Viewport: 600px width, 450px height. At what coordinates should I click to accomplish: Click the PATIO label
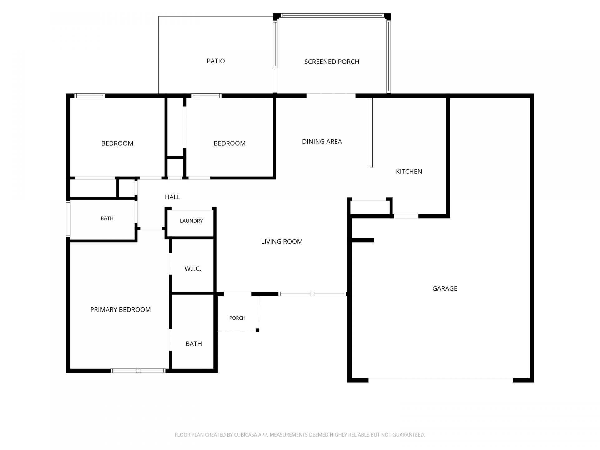216,61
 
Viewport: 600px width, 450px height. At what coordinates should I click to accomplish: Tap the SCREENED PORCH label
332,62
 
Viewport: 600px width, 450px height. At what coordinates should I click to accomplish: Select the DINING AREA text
322,142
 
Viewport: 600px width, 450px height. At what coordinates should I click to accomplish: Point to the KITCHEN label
409,172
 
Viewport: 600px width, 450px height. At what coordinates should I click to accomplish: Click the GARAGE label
445,288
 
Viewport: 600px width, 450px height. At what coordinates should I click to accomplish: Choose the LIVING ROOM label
282,242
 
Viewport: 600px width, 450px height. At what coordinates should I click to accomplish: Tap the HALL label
172,197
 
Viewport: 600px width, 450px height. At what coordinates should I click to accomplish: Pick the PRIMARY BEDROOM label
120,310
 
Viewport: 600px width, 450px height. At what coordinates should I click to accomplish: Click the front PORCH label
237,318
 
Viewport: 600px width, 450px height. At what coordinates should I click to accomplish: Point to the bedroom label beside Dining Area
229,143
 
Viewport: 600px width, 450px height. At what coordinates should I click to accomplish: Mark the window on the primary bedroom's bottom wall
138,371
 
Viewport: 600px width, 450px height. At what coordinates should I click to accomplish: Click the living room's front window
312,294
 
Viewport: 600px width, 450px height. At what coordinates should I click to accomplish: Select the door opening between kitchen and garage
406,216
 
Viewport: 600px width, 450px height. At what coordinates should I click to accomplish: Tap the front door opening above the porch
237,294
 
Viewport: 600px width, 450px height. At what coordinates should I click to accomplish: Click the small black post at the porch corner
257,330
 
